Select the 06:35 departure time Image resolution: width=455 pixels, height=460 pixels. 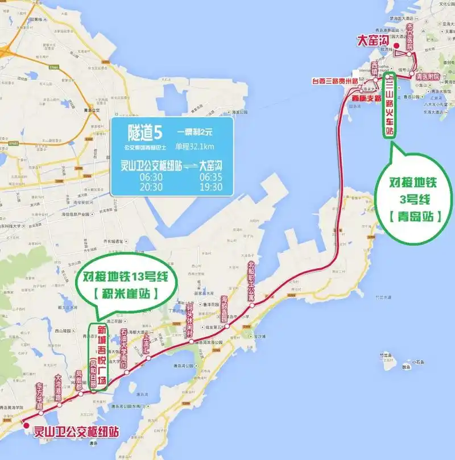pyautogui.click(x=210, y=177)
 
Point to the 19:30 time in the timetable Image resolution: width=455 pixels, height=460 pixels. pyautogui.click(x=210, y=187)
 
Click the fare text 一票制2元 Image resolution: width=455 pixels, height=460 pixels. pyautogui.click(x=196, y=132)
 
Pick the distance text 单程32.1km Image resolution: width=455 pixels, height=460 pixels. pyautogui.click(x=197, y=147)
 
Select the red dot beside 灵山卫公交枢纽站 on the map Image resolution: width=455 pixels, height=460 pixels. pyautogui.click(x=26, y=424)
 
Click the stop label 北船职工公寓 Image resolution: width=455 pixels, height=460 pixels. pyautogui.click(x=251, y=281)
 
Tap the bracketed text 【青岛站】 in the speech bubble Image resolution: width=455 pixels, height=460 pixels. pyautogui.click(x=416, y=216)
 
